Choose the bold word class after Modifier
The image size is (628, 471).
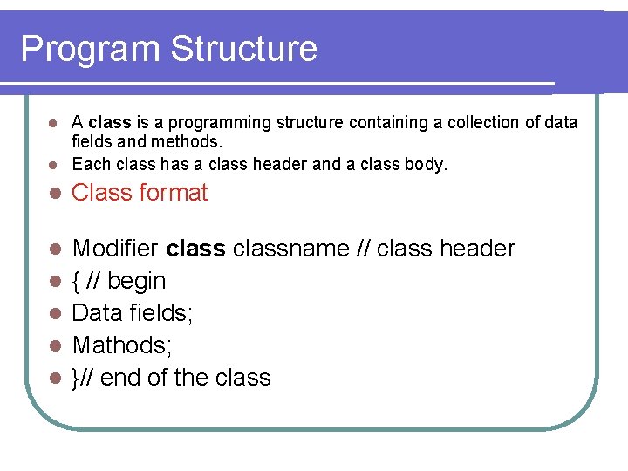click(x=195, y=249)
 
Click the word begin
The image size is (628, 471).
click(x=136, y=282)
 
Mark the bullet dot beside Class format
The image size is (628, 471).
click(x=53, y=194)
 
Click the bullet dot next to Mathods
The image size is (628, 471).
click(x=53, y=346)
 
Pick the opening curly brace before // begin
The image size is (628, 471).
click(x=77, y=282)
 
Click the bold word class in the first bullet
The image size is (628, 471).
click(x=109, y=123)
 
